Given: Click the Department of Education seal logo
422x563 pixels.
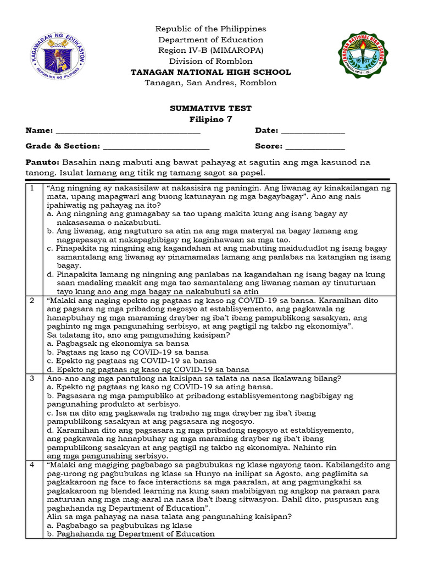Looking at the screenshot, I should pyautogui.click(x=57, y=54).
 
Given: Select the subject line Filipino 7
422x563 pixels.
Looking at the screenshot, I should pyautogui.click(x=210, y=120).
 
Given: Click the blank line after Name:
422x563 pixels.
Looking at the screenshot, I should pyautogui.click(x=128, y=132).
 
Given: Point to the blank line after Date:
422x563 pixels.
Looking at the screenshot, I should pyautogui.click(x=313, y=132).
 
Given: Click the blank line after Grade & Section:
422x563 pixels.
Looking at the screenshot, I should pyautogui.click(x=156, y=147).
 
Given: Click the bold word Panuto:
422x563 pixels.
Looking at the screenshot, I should pyautogui.click(x=42, y=163).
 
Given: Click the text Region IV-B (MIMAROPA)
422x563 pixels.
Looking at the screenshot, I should pyautogui.click(x=210, y=50).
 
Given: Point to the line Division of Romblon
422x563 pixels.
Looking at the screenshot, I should pyautogui.click(x=210, y=61).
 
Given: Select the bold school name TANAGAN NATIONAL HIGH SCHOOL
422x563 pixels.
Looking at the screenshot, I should pyautogui.click(x=210, y=72).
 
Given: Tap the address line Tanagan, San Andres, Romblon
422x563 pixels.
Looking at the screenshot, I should pyautogui.click(x=210, y=83).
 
